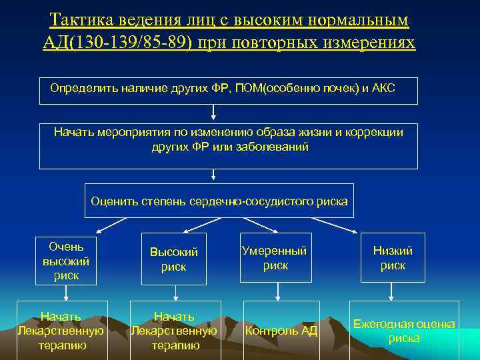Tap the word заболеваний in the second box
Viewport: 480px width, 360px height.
point(273,147)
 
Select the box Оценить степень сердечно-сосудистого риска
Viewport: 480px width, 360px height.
point(219,201)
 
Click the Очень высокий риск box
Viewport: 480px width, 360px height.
point(66,259)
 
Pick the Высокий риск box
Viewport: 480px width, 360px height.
point(174,259)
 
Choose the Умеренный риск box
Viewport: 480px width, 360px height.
point(275,258)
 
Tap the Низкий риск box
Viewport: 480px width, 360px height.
point(392,258)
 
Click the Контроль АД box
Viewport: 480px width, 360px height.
point(281,331)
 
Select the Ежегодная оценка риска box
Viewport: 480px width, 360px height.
point(404,331)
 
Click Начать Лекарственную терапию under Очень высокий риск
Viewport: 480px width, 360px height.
point(61,331)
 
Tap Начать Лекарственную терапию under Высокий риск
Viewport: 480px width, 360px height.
point(173,331)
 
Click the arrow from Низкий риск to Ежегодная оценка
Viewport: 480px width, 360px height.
point(392,293)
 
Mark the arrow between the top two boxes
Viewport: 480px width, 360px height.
point(213,113)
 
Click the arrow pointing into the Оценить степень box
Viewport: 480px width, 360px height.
point(213,175)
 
